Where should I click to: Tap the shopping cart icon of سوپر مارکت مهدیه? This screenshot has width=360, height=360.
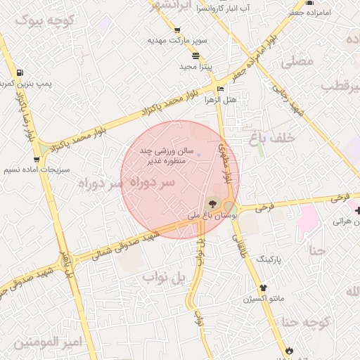pyautogui.click(x=176, y=30)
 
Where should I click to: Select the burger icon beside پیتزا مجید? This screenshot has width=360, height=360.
pyautogui.click(x=195, y=56)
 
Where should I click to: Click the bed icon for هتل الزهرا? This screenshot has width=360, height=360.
pyautogui.click(x=221, y=89)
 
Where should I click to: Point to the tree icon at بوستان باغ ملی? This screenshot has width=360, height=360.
pyautogui.click(x=212, y=204)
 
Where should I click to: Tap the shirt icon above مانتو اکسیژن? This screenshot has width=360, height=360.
pyautogui.click(x=264, y=288)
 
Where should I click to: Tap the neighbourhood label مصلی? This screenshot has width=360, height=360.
pyautogui.click(x=297, y=62)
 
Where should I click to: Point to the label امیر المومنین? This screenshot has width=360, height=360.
pyautogui.click(x=48, y=342)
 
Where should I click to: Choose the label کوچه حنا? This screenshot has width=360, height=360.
pyautogui.click(x=307, y=323)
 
